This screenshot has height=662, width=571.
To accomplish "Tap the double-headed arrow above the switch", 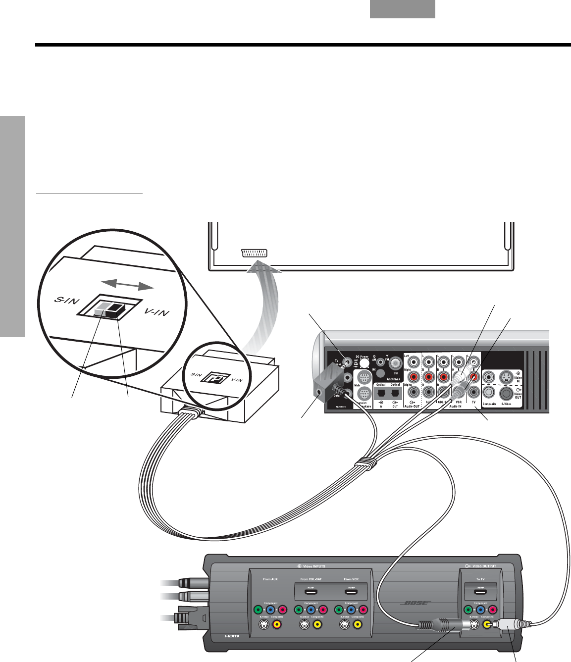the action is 127,284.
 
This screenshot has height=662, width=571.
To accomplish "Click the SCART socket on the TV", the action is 254,253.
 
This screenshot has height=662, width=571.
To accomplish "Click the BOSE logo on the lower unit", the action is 415,604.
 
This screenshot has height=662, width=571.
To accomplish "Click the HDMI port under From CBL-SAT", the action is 311,592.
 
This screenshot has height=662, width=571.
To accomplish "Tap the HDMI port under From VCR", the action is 351,592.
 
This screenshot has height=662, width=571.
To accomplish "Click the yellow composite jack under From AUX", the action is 277,625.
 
